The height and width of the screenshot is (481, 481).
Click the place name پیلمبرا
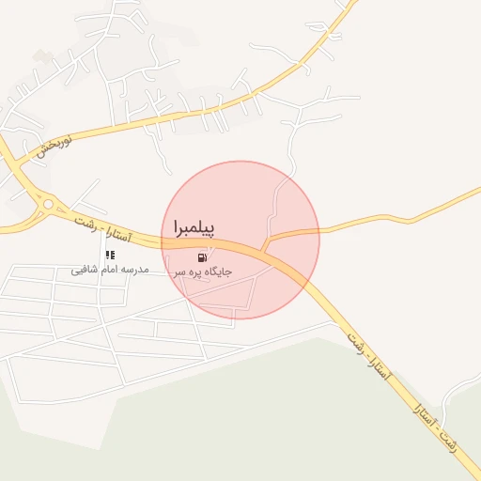click(194, 228)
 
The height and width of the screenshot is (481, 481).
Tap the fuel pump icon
click(202, 256)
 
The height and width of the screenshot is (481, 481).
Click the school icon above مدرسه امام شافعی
click(110, 255)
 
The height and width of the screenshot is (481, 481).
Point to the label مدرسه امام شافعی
click(111, 271)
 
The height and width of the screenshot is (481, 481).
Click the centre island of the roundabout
click(46, 203)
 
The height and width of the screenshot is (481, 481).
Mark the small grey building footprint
click(39, 56)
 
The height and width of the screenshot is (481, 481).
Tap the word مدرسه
click(137, 271)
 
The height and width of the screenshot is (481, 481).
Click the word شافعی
click(85, 271)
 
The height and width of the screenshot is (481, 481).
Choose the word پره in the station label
click(194, 272)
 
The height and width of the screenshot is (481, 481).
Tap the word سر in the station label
click(178, 272)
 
